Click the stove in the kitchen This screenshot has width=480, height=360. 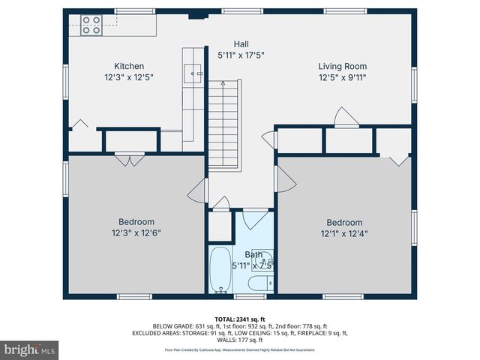[91, 25]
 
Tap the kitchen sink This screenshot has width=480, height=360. [193, 73]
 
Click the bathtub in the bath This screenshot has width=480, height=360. [220, 271]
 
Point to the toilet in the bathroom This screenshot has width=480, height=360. [259, 283]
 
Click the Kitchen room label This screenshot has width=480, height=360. [129, 66]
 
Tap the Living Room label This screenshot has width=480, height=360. [342, 66]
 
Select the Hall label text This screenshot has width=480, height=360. [241, 44]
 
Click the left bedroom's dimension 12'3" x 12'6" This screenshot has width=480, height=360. [136, 232]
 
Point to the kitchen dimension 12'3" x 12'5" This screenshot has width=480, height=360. [129, 77]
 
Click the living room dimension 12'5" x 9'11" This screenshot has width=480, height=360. [342, 77]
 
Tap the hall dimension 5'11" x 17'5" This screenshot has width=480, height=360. [241, 55]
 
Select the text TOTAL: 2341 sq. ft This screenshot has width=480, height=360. [240, 319]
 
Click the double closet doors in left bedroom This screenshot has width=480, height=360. [129, 158]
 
